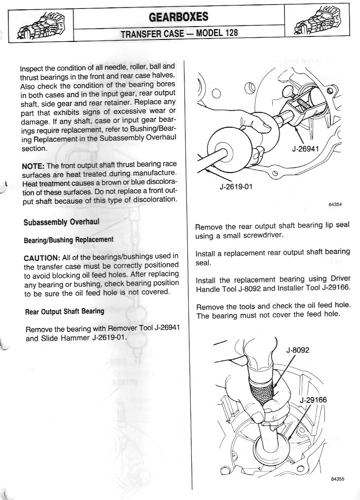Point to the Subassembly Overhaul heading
pyautogui.click(x=61, y=222)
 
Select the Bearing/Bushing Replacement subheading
pyautogui.click(x=69, y=240)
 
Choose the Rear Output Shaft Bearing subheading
pyautogui.click(x=65, y=311)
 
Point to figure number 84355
pyautogui.click(x=336, y=478)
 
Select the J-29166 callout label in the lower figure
pyautogui.click(x=313, y=400)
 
